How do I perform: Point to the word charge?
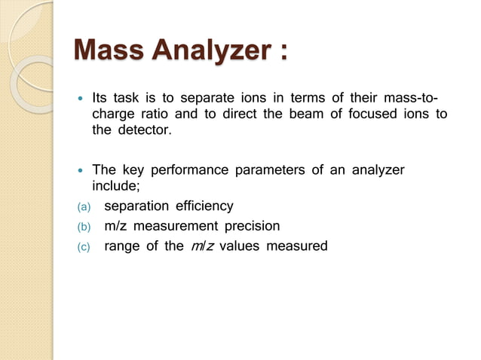pyautogui.click(x=112, y=114)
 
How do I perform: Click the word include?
pyautogui.click(x=116, y=186)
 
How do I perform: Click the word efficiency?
pyautogui.click(x=204, y=206)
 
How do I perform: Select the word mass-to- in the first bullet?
pyautogui.click(x=412, y=98)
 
